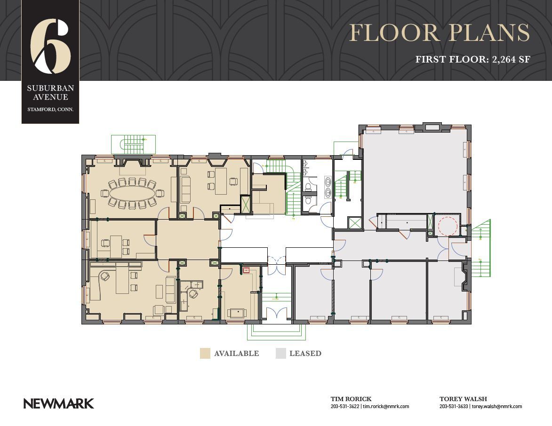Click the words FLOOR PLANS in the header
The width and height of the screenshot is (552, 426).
coord(439,33)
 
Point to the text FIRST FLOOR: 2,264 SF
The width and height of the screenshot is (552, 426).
coord(472,60)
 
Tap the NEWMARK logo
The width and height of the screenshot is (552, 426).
coord(59,403)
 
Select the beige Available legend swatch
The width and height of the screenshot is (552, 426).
coord(205,354)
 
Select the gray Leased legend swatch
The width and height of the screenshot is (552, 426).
coord(280,354)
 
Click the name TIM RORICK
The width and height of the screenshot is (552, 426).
coord(351,399)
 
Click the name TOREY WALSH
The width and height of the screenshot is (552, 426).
coord(463,399)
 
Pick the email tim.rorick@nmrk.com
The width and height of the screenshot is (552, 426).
coord(386,406)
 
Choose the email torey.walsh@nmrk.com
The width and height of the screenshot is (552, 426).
coord(497,406)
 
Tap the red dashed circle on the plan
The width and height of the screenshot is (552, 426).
coord(447,226)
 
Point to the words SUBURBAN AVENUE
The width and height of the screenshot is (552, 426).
coord(50,93)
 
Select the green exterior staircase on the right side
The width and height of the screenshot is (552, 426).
coord(480,248)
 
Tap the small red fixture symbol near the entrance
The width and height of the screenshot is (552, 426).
coord(246,270)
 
